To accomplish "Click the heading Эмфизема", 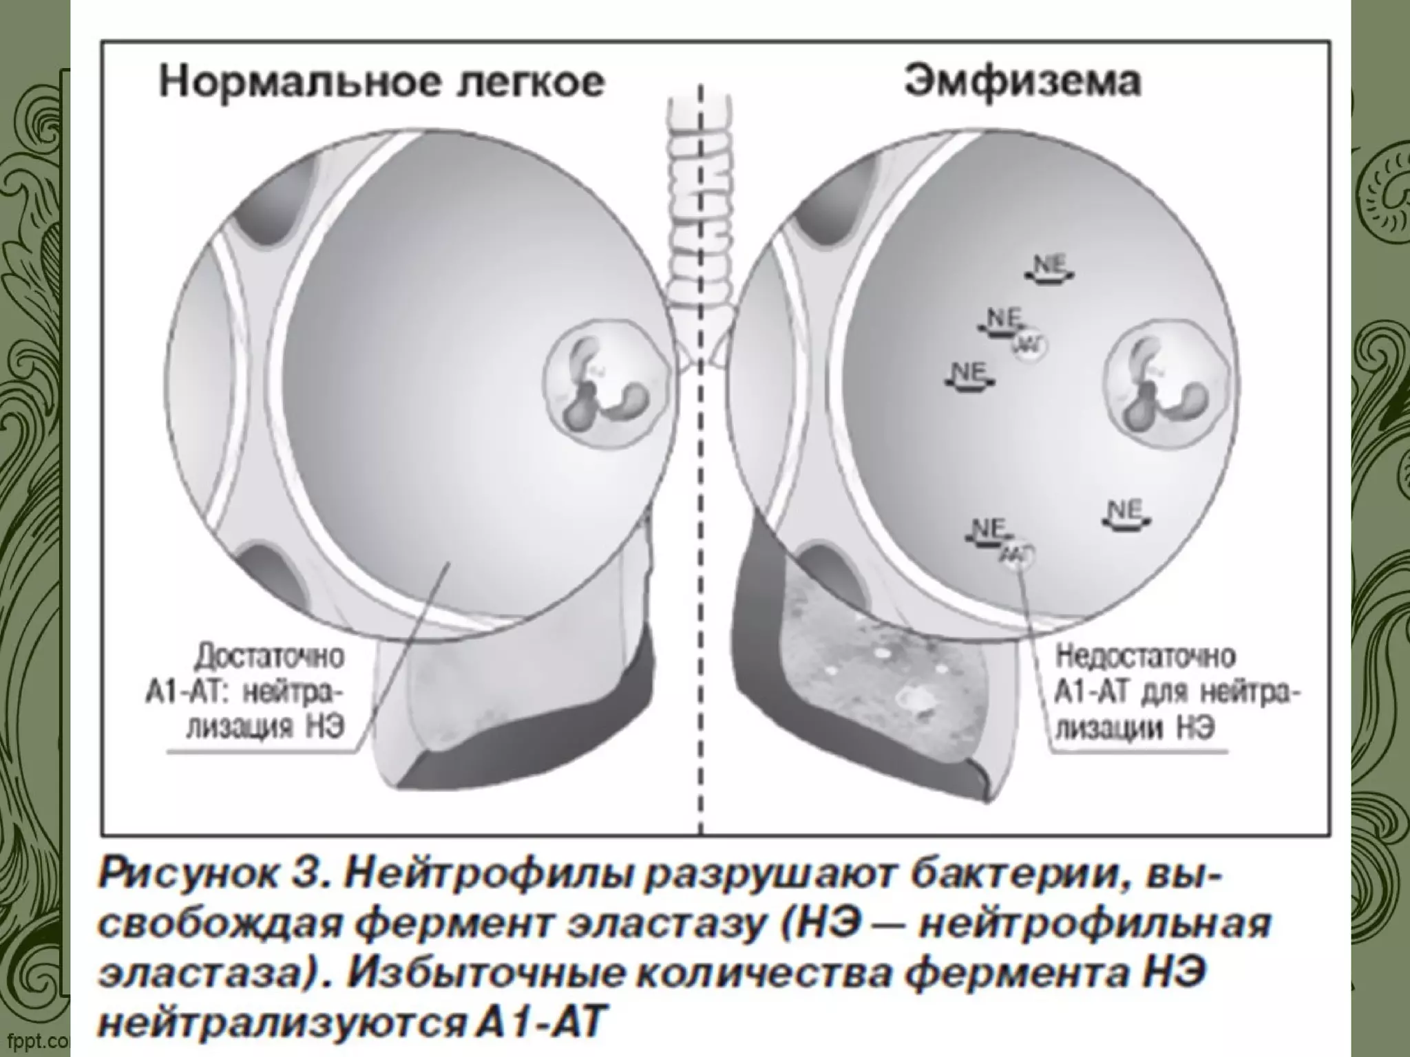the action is [x=1022, y=81].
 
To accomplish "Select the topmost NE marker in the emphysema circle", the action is [x=1049, y=267].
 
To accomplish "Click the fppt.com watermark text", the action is [x=34, y=1038].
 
